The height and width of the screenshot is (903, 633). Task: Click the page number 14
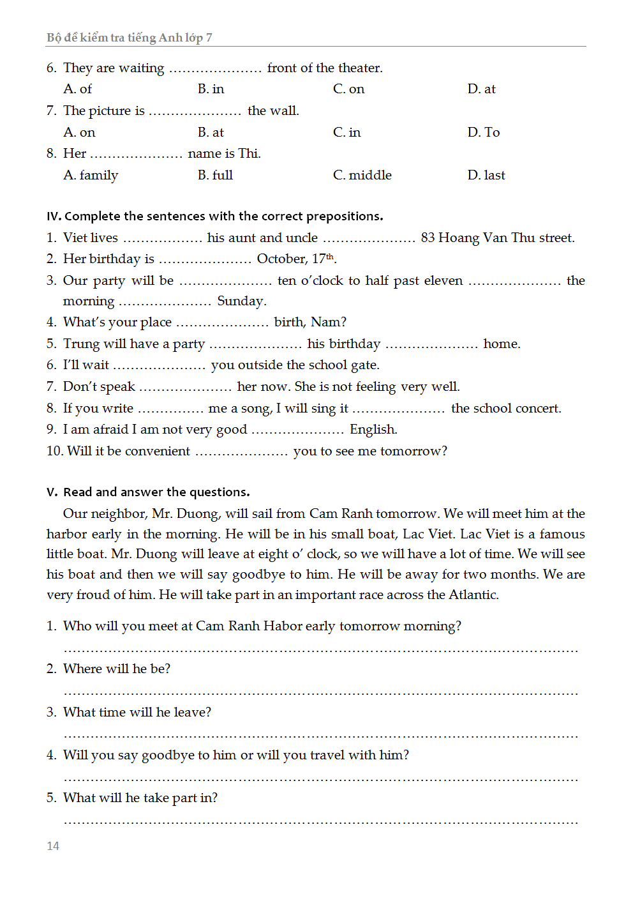(53, 846)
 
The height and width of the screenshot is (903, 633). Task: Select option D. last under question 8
(486, 175)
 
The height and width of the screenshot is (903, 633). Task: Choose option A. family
(91, 175)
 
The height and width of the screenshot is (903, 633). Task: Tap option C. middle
(362, 175)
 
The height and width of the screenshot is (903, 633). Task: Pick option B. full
(215, 175)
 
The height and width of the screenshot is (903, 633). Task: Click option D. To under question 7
(484, 132)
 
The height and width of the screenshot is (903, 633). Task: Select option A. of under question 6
(78, 89)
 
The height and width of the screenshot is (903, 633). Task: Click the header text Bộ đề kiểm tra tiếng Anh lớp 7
(130, 38)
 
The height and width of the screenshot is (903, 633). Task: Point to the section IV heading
(215, 216)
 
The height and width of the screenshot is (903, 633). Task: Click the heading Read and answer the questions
(156, 492)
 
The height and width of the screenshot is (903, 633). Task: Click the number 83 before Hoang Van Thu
(428, 238)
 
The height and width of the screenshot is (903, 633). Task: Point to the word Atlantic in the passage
(473, 595)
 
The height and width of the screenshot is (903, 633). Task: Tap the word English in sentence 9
(373, 430)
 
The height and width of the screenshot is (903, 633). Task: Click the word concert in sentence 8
(538, 408)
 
